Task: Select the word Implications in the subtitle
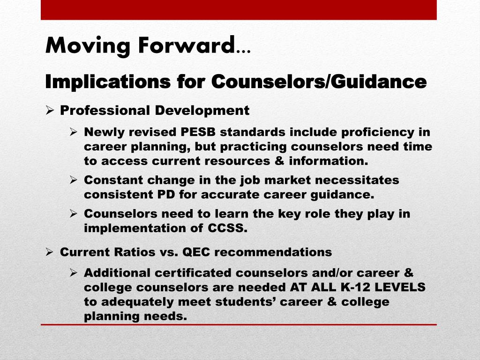(108, 82)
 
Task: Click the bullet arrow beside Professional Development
(50, 110)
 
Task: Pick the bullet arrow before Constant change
(74, 180)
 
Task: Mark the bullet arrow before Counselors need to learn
(74, 213)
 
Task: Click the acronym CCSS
(227, 228)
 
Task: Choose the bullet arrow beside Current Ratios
(50, 252)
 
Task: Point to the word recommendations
(273, 252)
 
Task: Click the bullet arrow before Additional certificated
(74, 272)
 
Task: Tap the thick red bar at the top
(239, 10)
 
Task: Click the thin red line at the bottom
(239, 324)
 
